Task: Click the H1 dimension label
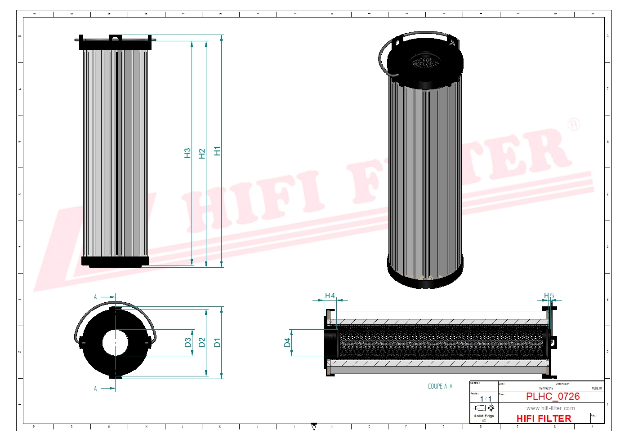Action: pos(217,151)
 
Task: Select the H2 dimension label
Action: pos(202,154)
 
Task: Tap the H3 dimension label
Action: pos(187,153)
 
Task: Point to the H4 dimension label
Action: pos(330,296)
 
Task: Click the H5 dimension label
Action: pos(549,296)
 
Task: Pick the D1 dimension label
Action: pos(217,343)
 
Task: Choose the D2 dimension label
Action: pos(202,343)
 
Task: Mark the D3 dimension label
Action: pos(187,343)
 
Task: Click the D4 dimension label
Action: pos(287,343)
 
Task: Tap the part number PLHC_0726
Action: pos(553,397)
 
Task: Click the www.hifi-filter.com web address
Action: pos(550,408)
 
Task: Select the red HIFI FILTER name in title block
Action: pos(544,418)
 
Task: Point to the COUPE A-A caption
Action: pos(440,386)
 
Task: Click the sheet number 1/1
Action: pos(486,399)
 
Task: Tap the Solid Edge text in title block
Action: pos(484,416)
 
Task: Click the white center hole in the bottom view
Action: pos(115,343)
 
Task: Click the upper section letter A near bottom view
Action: pos(95,297)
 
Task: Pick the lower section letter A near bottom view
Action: pos(95,389)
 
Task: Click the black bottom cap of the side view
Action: pos(115,261)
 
